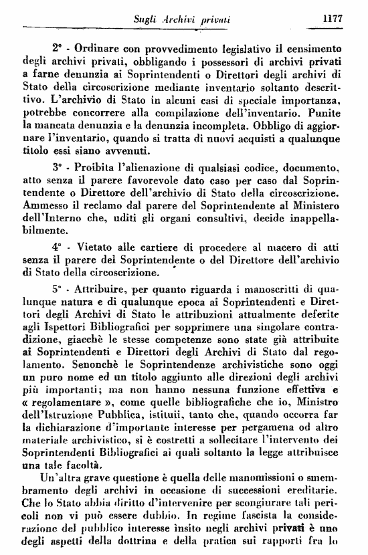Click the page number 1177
click(x=332, y=20)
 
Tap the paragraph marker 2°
click(x=57, y=48)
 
